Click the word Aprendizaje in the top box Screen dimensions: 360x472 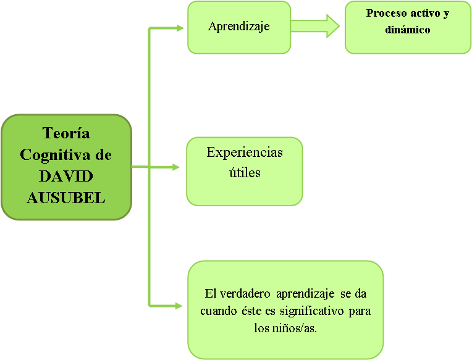238,27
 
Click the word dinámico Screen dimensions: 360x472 407,29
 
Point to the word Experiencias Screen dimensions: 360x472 245,153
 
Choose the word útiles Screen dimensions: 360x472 245,172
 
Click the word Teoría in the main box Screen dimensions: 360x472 66,133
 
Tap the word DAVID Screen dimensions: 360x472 66,176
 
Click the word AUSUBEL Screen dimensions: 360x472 66,198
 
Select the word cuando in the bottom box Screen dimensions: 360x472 216,311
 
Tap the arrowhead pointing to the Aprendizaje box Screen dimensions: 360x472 180,28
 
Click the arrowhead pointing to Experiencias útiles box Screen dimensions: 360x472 175,167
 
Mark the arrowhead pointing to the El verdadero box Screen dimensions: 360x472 179,306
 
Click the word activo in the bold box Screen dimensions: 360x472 428,14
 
